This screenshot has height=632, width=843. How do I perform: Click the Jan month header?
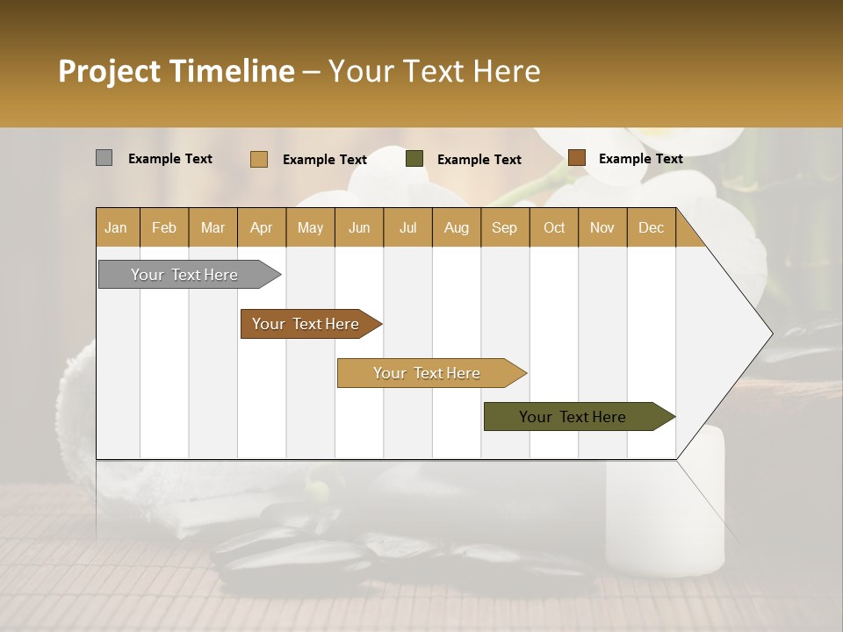116,227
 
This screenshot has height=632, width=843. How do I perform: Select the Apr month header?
261,227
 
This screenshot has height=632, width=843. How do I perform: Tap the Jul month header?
407,227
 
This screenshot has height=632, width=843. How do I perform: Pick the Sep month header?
504,227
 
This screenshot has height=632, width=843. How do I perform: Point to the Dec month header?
651,227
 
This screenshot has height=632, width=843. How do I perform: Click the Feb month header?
164,227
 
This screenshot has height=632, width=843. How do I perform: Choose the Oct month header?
554,227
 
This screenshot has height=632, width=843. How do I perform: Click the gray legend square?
104,158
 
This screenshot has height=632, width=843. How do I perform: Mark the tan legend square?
259,159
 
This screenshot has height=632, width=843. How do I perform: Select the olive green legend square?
414,159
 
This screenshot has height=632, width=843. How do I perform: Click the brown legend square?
576,158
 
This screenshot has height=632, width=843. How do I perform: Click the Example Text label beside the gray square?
170,159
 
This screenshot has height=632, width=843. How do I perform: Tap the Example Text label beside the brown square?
641,159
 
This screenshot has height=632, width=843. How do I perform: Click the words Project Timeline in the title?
176,71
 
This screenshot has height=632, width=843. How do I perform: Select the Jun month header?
359,227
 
